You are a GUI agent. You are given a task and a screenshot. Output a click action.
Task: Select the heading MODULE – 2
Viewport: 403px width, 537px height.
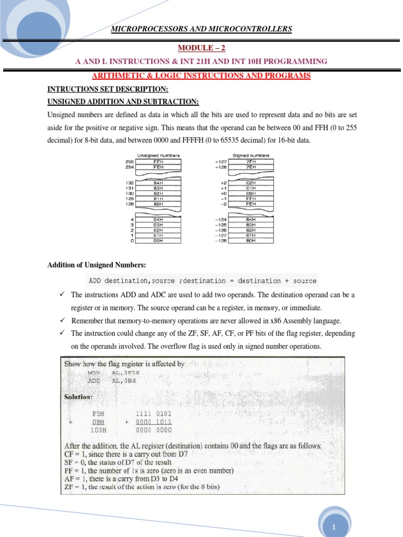[201, 48]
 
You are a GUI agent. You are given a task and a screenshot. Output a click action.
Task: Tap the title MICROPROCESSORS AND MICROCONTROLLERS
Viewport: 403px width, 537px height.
[201, 29]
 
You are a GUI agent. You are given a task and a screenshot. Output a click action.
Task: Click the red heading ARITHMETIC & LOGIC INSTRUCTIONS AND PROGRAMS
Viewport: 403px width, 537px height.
[201, 76]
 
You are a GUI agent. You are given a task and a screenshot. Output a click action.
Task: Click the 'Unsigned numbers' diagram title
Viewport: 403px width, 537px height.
[158, 155]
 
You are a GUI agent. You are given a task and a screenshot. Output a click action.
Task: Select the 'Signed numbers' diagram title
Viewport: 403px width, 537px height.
[251, 155]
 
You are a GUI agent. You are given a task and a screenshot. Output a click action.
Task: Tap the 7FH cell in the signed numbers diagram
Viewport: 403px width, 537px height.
[251, 162]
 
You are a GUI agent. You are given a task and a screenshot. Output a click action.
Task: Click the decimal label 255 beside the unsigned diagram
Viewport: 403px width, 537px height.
[130, 162]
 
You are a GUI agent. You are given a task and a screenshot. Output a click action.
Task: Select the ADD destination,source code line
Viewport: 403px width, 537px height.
[202, 281]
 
